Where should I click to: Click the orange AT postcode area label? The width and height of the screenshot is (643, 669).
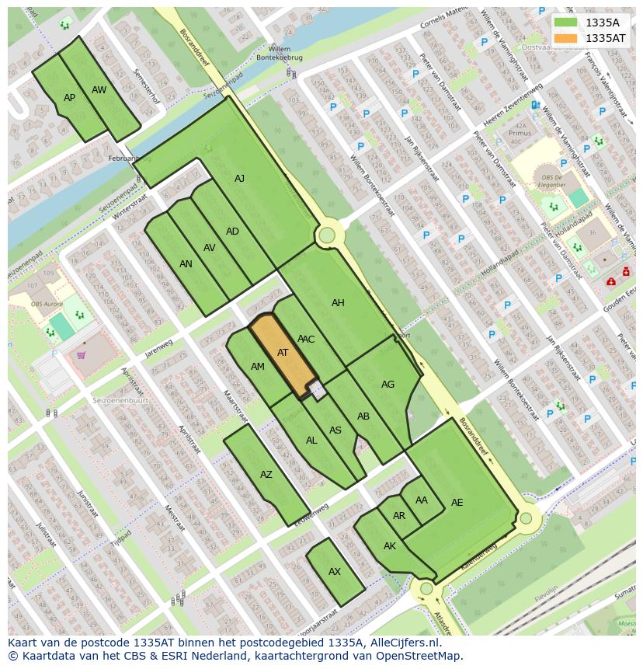point(283,353)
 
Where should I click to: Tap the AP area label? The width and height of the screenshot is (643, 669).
point(70,98)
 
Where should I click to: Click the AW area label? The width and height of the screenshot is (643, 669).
point(99,90)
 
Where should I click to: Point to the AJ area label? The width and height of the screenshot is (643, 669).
point(239,179)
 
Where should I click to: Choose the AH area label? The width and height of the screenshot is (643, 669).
point(338,303)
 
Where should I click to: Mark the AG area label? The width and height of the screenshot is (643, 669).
point(388,385)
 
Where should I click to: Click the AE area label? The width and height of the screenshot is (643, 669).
point(457,503)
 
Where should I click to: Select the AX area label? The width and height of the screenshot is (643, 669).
point(335,572)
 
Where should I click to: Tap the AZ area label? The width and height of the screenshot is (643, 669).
point(266,475)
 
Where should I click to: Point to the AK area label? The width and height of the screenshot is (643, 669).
point(390,546)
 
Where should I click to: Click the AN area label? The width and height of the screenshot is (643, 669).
point(186,264)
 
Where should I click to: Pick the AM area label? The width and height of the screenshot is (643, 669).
point(258,367)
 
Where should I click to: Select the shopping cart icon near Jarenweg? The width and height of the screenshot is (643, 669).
point(81,356)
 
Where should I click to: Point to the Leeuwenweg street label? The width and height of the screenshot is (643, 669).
point(312,514)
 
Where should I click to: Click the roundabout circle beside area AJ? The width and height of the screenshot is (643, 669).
point(327,235)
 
